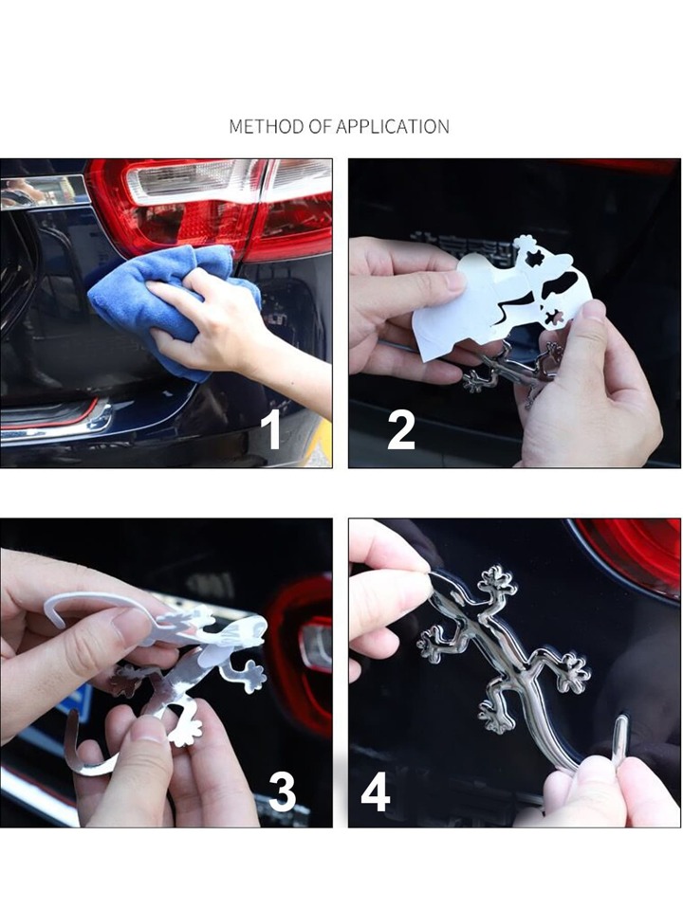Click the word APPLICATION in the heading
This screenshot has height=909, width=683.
[x=393, y=126]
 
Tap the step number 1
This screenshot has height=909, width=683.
[x=271, y=429]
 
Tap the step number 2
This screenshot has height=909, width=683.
[x=401, y=429]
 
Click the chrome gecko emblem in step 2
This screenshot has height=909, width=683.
[x=510, y=371]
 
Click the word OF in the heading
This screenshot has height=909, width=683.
[x=320, y=126]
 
